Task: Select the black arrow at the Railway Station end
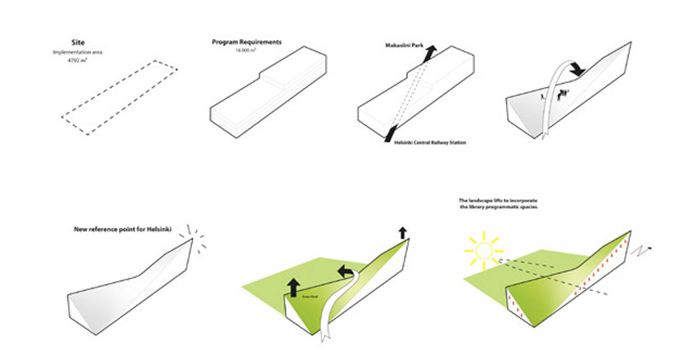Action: click(x=390, y=133)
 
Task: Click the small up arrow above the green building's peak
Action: click(x=402, y=232)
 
